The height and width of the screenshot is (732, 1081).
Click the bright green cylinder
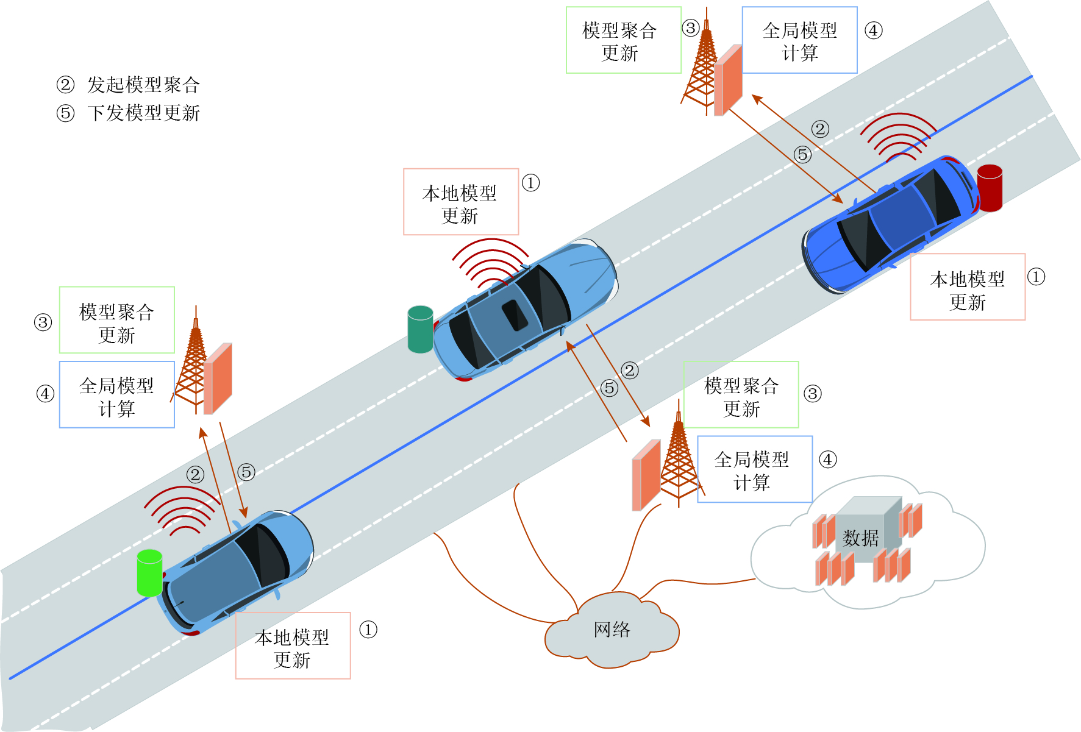pyautogui.click(x=149, y=573)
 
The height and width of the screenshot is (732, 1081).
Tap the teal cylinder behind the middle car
pyautogui.click(x=420, y=330)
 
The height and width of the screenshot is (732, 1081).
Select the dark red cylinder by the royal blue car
pyautogui.click(x=990, y=188)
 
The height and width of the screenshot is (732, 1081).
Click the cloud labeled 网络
pyautogui.click(x=612, y=630)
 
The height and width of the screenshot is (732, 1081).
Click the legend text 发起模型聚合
pyautogui.click(x=143, y=85)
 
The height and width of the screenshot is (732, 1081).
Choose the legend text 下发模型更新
pyautogui.click(x=143, y=113)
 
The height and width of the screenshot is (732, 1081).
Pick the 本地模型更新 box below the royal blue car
pyautogui.click(x=968, y=287)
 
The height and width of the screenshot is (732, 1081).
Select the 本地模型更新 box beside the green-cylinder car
pyautogui.click(x=293, y=645)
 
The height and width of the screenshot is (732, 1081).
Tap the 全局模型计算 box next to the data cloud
pyautogui.click(x=754, y=469)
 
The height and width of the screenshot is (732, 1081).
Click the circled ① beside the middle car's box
pyautogui.click(x=530, y=183)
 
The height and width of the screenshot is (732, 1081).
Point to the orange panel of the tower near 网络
pyautogui.click(x=646, y=475)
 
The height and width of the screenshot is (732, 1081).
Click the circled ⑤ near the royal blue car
pyautogui.click(x=803, y=155)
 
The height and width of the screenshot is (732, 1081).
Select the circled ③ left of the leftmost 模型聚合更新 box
pyautogui.click(x=43, y=322)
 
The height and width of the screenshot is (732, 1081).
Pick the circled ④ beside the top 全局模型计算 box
pyautogui.click(x=873, y=30)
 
